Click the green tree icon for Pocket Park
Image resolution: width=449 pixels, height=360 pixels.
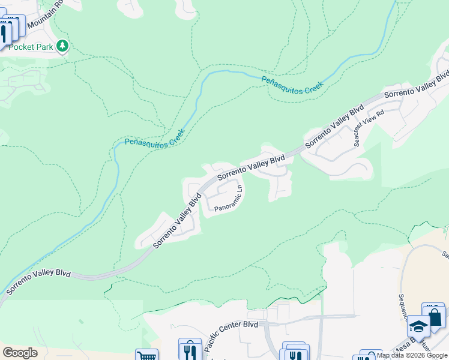[62, 46]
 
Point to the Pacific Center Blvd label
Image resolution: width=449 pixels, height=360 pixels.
[231, 336]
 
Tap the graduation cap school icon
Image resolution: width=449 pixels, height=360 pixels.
[418, 326]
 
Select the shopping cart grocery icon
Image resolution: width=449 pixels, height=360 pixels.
[146, 355]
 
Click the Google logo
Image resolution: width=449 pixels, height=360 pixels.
[20, 353]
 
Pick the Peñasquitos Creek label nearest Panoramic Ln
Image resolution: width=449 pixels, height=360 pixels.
[155, 139]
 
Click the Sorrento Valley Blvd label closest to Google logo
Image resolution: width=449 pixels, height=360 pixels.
[38, 282]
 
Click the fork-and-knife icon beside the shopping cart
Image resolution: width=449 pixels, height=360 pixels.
[190, 350]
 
